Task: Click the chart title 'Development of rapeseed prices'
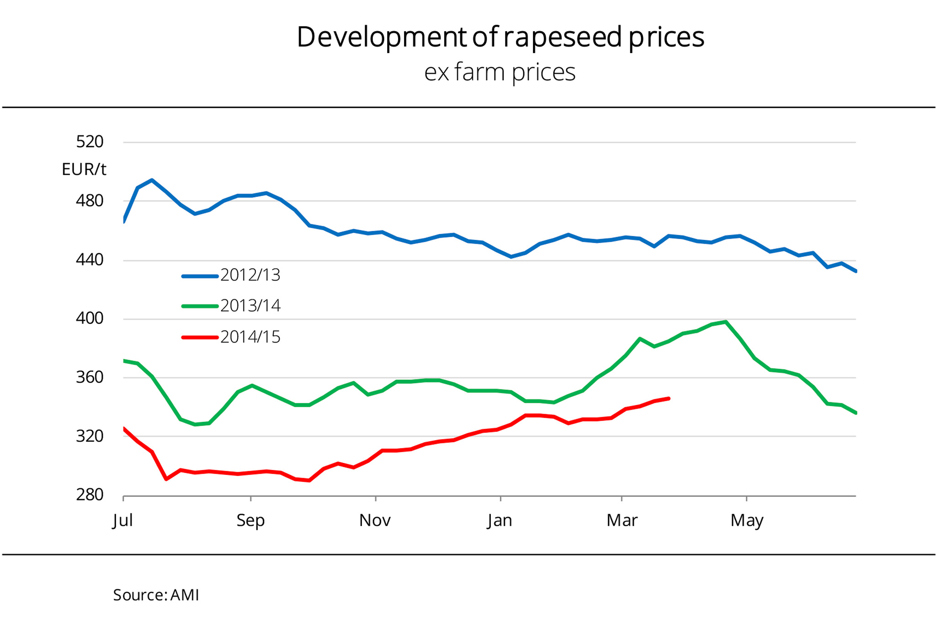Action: coord(500,37)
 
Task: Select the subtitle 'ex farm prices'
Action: coord(500,72)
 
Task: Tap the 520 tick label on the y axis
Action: coord(90,142)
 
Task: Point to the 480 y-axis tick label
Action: coord(90,201)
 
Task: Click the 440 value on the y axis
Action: coord(90,260)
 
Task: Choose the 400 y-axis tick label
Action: coord(90,319)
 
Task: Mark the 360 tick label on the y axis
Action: coord(90,377)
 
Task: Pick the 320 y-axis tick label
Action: coord(90,436)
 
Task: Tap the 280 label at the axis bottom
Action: coord(90,495)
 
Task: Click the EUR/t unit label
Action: coord(84,170)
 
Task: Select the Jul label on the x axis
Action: coord(122,520)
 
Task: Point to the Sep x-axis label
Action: coord(250,520)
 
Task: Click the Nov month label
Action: coord(375,520)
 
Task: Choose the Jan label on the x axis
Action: coord(500,520)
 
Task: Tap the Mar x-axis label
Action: coord(622,520)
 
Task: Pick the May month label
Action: coord(747,520)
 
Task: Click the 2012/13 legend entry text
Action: coord(250,275)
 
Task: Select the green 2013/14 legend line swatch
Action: coord(200,306)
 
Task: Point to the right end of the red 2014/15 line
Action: coord(669,399)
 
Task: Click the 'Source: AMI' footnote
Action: coord(156,595)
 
